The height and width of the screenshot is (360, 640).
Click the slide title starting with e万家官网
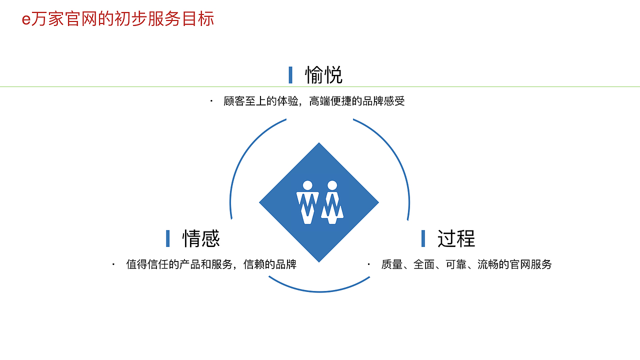[x=118, y=19]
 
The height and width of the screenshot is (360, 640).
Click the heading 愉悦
[x=324, y=75]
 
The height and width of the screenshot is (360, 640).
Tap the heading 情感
[x=201, y=238]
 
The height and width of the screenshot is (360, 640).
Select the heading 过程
[x=456, y=238]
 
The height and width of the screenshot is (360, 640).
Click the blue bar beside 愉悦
[x=290, y=75]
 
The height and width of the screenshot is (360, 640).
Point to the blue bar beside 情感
[x=168, y=238]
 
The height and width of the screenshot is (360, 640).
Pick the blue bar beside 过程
[x=423, y=238]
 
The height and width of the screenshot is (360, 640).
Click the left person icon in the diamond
[x=307, y=202]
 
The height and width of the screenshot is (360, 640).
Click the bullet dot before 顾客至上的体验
[x=211, y=101]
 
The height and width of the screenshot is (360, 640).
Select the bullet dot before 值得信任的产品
[x=114, y=264]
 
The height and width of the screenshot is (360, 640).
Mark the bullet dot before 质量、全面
[x=369, y=264]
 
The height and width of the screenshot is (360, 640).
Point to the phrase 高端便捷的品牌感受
[x=357, y=101]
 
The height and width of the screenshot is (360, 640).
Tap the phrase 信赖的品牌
[x=270, y=264]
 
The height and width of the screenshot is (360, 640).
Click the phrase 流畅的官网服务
[x=514, y=264]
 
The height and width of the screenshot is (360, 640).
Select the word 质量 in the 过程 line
[x=391, y=264]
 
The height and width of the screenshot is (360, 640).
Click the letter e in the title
[x=26, y=20]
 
